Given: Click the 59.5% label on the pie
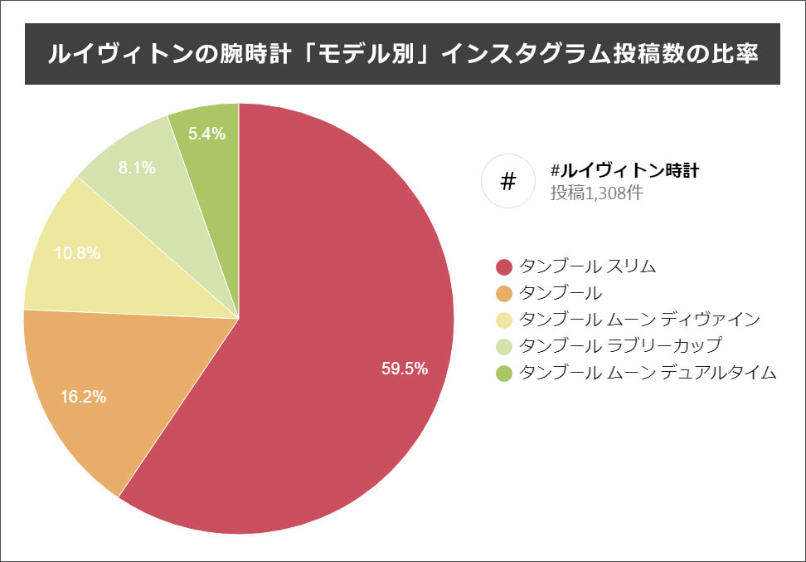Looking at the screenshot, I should coord(405,369).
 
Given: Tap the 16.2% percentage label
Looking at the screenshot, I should coord(83,397).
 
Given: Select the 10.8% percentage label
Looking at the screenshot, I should coord(77,253).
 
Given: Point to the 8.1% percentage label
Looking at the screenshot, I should coord(137,168).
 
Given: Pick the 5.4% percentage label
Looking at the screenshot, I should coord(207,133).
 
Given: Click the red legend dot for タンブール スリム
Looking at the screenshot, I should coord(503,266).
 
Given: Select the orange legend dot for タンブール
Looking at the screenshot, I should coord(503,293).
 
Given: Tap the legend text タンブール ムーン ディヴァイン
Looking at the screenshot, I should coord(638,320).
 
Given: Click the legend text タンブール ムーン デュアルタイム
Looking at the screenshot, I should coord(648,373).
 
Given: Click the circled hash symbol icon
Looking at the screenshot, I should coord(509,181).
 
